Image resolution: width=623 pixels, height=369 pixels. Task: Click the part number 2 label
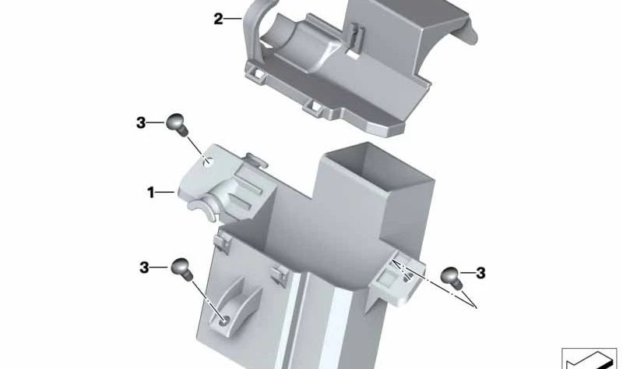tap(218, 18)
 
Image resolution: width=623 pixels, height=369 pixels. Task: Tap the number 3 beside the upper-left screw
tap(141, 122)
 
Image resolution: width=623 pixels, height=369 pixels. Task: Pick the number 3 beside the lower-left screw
tap(144, 268)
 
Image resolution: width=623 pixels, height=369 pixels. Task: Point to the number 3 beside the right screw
tap(480, 273)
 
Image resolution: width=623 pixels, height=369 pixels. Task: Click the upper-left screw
tap(178, 123)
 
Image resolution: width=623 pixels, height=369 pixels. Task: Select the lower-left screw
tap(181, 269)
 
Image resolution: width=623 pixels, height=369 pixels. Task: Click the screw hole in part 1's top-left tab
tap(209, 162)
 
